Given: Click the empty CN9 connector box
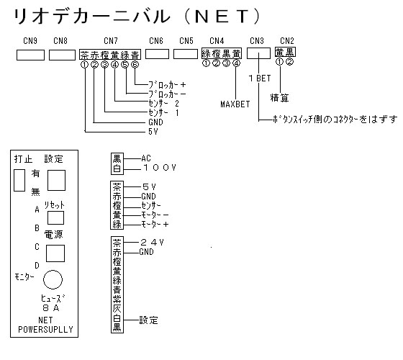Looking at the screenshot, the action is point(30,55).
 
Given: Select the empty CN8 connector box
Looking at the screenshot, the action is point(62,55).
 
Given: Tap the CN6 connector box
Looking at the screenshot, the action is point(157,54).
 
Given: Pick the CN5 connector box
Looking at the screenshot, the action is point(186,54).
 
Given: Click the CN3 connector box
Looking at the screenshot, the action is point(258,53).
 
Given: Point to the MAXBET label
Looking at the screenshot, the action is point(235,104).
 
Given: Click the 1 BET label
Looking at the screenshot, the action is point(260,78).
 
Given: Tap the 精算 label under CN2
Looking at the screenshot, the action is point(279,98).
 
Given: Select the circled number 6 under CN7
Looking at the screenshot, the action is point(135,64).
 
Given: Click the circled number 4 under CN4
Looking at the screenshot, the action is point(237,63).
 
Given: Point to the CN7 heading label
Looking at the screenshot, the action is point(111,41).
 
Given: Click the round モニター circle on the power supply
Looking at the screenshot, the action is point(53,279).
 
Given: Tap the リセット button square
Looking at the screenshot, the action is point(56,217).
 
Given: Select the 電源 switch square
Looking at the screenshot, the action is point(55,253).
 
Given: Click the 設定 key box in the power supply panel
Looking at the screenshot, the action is point(56,180).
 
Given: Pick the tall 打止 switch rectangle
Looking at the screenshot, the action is point(19,180).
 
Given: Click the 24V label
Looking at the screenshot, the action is point(152,242).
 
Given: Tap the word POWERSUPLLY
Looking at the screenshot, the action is point(45,330).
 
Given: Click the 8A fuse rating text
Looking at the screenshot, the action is point(51,308).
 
